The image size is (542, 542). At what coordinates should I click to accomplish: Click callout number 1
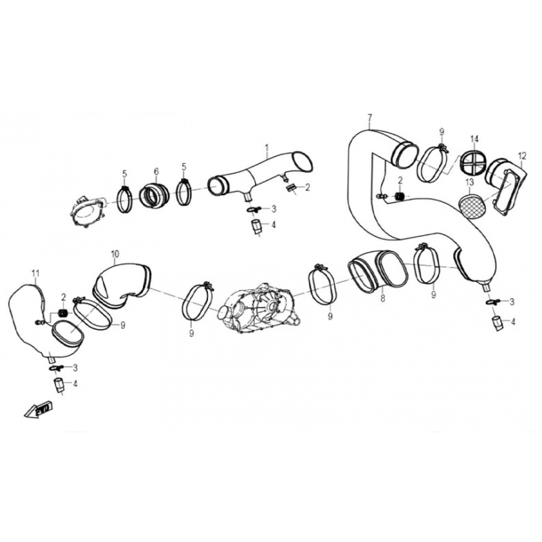267,148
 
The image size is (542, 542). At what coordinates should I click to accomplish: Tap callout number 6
157,171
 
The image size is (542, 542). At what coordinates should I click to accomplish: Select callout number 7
370,117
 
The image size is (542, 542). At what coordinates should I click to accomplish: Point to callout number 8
383,298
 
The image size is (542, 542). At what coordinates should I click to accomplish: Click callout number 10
115,255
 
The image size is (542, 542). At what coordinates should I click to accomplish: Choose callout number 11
35,274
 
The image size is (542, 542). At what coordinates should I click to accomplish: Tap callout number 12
522,157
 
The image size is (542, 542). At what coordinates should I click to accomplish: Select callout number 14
474,139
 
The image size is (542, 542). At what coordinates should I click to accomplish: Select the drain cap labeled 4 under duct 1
256,227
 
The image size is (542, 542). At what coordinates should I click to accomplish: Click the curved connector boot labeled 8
377,270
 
